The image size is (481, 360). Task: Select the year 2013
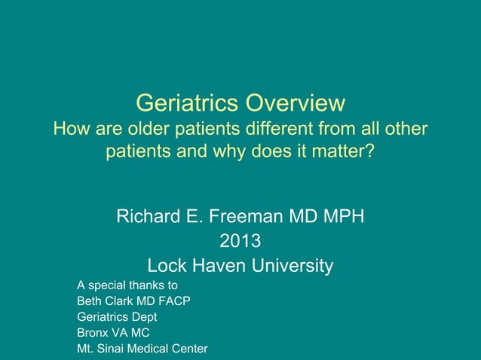[x=240, y=242]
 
